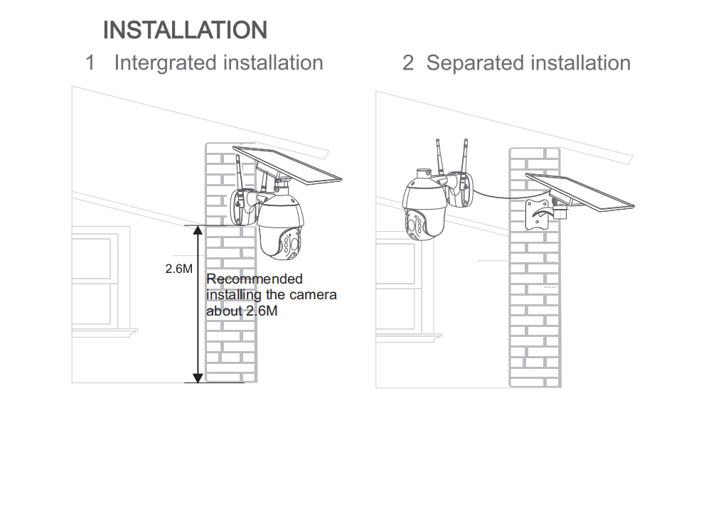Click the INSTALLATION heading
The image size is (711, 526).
click(x=185, y=31)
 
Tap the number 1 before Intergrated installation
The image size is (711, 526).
click(x=90, y=63)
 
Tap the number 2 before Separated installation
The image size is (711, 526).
click(x=407, y=63)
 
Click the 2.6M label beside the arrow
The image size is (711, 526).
click(x=178, y=269)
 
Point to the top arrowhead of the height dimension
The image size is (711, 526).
click(x=198, y=230)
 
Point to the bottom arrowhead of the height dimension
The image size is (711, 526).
click(x=198, y=378)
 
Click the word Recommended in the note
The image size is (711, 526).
click(x=255, y=279)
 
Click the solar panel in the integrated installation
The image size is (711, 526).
click(x=287, y=165)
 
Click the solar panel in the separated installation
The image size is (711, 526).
click(x=580, y=192)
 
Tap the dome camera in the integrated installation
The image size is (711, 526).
click(x=281, y=225)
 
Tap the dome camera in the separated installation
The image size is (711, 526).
click(x=424, y=206)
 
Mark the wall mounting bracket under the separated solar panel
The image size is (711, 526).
click(x=539, y=213)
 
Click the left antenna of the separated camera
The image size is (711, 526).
click(x=439, y=158)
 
